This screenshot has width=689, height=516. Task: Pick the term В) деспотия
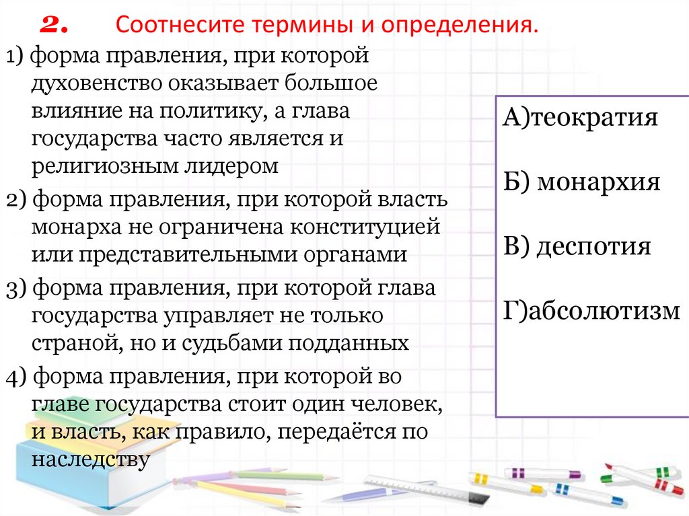576,246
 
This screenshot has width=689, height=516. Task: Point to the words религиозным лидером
154,166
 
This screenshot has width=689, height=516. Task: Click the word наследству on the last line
89,460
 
